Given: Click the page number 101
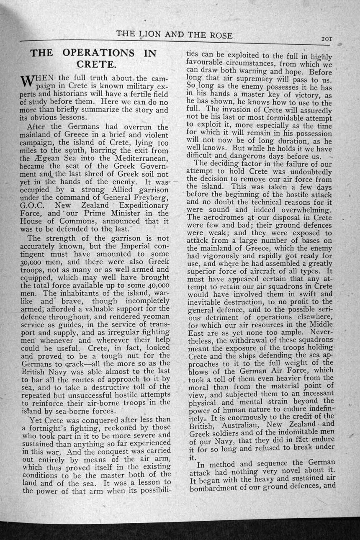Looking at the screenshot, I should (x=327, y=39).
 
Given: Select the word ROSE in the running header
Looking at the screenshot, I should (x=219, y=36).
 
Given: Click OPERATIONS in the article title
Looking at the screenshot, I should (x=98, y=53).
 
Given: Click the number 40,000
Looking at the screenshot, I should (x=152, y=285).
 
